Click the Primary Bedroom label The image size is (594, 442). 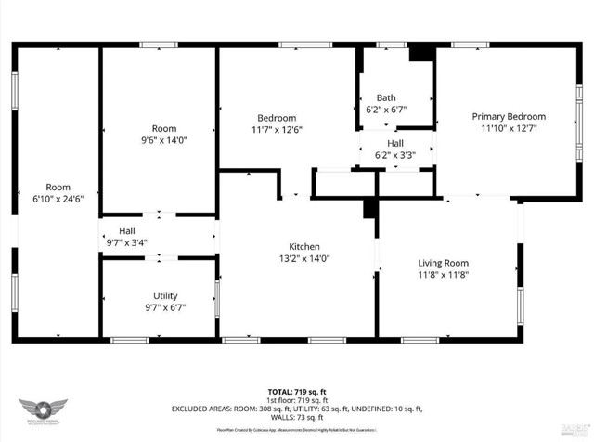coord(508,116)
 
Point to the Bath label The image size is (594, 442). coord(386,97)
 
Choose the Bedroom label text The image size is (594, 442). coord(277,117)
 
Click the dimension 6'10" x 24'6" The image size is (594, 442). coord(58,199)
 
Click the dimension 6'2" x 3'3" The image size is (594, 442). coord(395,155)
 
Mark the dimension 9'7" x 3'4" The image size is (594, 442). coord(126,243)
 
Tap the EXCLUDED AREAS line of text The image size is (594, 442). coord(296,409)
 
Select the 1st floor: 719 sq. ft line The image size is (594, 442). coord(296,401)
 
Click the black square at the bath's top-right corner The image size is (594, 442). coord(422,53)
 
